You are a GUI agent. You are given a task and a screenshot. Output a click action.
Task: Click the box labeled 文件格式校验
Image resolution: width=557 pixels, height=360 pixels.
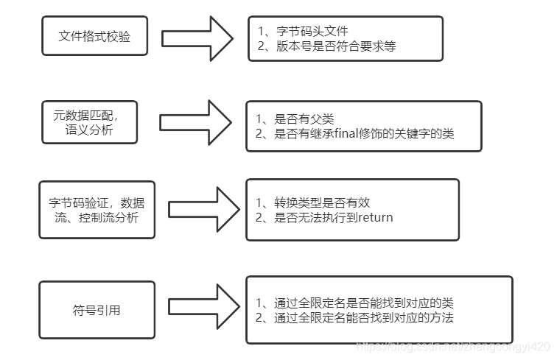[94, 36]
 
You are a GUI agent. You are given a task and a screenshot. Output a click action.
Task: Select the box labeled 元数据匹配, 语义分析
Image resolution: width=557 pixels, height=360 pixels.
[90, 122]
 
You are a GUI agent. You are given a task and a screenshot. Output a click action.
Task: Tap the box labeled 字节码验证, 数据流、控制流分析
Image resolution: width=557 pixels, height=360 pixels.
[97, 210]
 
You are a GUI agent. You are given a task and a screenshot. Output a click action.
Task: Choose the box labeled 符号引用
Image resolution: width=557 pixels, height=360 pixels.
[97, 310]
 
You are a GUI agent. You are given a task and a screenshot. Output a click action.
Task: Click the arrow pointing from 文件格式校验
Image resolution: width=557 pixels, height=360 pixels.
[197, 39]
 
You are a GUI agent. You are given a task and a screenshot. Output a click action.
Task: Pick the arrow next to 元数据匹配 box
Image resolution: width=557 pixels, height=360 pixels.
[195, 122]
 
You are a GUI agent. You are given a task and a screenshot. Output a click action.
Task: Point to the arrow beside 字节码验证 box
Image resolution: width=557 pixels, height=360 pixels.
[204, 210]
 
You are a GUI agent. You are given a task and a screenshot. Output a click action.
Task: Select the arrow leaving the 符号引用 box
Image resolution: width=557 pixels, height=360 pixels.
[204, 307]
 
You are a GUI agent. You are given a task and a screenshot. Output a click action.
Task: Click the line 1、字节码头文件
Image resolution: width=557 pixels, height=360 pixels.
[303, 31]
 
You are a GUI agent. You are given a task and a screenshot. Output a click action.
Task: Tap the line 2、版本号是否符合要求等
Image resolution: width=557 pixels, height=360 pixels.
[327, 46]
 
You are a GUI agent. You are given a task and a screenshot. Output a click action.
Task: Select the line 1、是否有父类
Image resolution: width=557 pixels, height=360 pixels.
[295, 119]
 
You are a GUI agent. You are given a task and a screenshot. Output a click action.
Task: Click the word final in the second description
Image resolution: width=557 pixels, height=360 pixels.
[346, 133]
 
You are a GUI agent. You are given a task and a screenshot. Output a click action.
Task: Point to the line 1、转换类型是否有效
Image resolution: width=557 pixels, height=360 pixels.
[312, 202]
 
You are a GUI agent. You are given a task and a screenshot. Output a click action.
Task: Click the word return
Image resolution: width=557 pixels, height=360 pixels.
[376, 217]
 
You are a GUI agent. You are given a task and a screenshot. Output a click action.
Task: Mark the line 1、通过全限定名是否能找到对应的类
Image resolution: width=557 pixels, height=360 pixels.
[354, 303]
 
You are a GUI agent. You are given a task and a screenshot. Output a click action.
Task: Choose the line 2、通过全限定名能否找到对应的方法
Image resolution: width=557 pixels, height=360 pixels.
[354, 318]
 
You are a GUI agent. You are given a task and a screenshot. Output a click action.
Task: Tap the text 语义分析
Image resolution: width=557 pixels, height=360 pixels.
[89, 130]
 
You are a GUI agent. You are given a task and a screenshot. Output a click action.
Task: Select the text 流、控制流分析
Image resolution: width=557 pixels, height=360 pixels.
[97, 217]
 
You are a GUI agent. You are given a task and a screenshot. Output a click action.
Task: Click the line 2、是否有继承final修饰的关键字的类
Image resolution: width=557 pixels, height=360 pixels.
[354, 133]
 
